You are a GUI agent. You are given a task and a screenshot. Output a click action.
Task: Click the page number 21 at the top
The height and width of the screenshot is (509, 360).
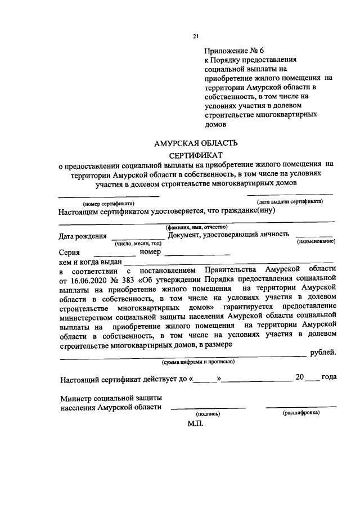[x=196, y=37]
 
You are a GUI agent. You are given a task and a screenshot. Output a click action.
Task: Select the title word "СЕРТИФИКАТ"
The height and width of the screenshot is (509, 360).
[x=196, y=154]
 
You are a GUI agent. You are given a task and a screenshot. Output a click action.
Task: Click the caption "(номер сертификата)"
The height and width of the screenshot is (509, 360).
[x=108, y=203]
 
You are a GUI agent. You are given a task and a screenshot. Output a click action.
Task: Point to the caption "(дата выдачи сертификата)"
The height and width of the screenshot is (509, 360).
[x=289, y=201]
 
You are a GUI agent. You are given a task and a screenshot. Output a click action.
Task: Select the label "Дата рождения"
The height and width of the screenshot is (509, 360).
[x=82, y=236]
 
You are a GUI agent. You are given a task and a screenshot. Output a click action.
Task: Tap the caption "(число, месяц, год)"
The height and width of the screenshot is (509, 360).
[x=138, y=244]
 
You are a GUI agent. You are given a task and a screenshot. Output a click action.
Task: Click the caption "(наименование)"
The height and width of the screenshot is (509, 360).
[x=316, y=241]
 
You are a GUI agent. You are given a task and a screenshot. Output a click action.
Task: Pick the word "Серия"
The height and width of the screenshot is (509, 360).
[x=70, y=253]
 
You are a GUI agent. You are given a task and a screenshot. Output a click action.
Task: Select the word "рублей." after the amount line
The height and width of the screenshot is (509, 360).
[x=323, y=353]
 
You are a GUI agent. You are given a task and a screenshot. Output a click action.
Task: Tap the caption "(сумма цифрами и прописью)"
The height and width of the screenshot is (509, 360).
[x=195, y=361]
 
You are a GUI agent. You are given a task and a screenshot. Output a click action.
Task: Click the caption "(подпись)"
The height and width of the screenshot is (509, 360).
[x=208, y=413]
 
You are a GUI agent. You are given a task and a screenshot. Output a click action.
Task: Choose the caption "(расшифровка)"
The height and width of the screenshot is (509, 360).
[x=300, y=412]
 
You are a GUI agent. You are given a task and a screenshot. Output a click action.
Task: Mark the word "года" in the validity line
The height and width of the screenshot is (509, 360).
[x=329, y=377]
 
